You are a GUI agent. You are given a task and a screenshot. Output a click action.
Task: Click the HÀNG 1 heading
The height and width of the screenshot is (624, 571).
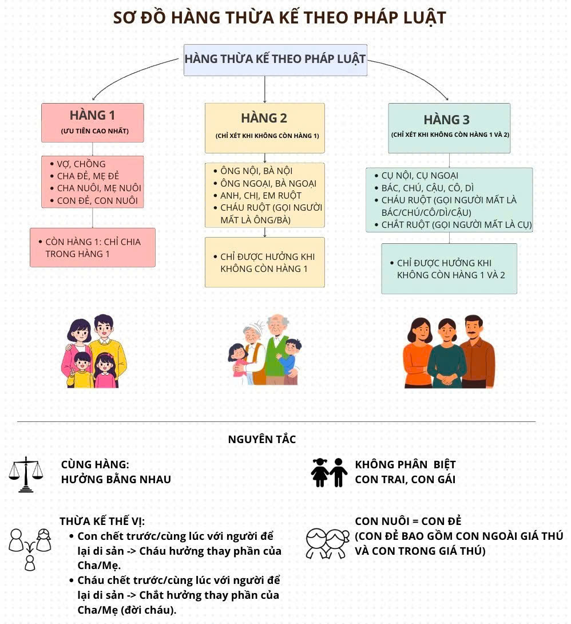click(92, 116)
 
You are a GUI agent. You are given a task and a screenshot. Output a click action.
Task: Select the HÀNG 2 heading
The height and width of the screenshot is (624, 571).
click(264, 118)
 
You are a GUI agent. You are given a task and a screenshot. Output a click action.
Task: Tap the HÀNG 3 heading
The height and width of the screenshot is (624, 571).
click(446, 120)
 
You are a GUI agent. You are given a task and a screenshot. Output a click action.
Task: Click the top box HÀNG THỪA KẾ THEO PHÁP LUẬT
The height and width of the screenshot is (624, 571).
click(275, 60)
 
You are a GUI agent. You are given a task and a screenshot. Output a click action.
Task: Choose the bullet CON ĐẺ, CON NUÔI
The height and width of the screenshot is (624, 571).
click(94, 200)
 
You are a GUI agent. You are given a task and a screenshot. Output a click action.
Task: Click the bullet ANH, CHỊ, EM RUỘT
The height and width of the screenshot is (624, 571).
click(257, 195)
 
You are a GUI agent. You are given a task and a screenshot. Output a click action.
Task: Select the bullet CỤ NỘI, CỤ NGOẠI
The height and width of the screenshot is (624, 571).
click(417, 176)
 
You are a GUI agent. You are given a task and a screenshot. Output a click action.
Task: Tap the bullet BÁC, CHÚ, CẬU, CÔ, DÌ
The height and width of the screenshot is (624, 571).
click(424, 188)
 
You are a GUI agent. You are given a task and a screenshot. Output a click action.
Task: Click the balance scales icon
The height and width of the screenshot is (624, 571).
click(26, 475)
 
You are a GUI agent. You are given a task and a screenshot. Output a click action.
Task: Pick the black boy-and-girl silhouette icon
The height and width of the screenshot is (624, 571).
click(329, 472)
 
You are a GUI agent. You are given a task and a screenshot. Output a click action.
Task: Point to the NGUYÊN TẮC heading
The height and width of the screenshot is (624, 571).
click(262, 439)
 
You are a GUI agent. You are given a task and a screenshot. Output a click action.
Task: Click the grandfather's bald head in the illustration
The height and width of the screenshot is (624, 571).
click(277, 322)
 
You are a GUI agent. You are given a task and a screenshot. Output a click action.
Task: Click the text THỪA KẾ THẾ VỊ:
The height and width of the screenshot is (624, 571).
click(102, 522)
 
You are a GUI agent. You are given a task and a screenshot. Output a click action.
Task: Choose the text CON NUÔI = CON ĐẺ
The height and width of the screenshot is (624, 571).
click(408, 522)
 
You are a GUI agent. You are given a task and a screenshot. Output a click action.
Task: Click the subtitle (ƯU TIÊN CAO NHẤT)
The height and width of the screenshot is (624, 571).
click(94, 131)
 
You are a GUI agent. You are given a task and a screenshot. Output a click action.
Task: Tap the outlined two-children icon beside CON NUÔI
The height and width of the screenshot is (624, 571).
click(327, 543)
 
